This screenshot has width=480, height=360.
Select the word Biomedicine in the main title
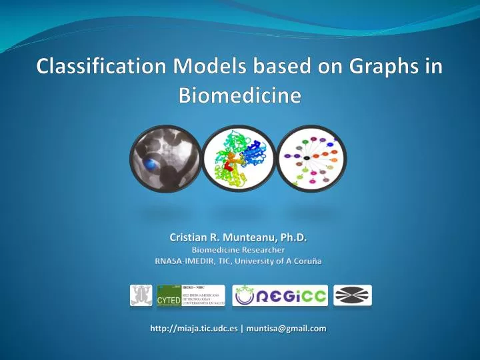pyautogui.click(x=240, y=95)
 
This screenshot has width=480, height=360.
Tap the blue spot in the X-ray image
pyautogui.click(x=154, y=163)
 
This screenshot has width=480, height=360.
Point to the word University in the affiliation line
pyautogui.click(x=252, y=261)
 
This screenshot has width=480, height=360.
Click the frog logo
pyautogui.click(x=141, y=295)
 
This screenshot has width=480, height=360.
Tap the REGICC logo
pyautogui.click(x=279, y=295)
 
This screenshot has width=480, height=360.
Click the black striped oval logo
pyautogui.click(x=352, y=295)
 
